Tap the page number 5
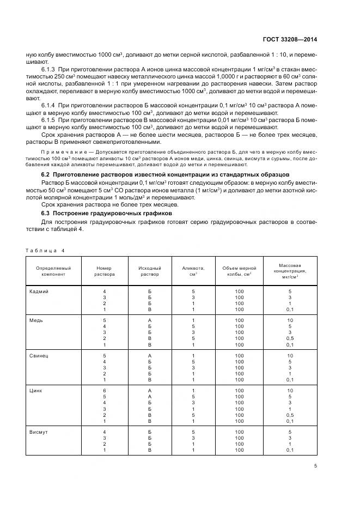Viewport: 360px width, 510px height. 315,465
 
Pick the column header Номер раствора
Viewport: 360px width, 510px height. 104,271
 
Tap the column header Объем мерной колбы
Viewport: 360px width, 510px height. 240,271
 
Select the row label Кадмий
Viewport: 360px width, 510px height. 39,292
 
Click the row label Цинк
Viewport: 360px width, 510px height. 36,391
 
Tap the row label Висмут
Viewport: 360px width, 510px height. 39,432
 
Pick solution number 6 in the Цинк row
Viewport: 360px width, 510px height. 104,391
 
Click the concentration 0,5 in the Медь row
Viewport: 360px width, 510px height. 290,338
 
